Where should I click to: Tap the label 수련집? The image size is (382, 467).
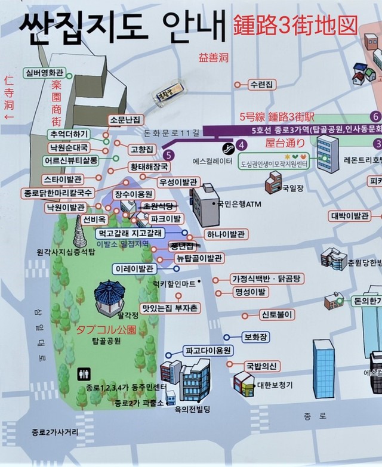coord(262,84)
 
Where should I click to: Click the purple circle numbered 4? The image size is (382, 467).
coord(241,144)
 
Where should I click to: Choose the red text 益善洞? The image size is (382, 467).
coord(213,58)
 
